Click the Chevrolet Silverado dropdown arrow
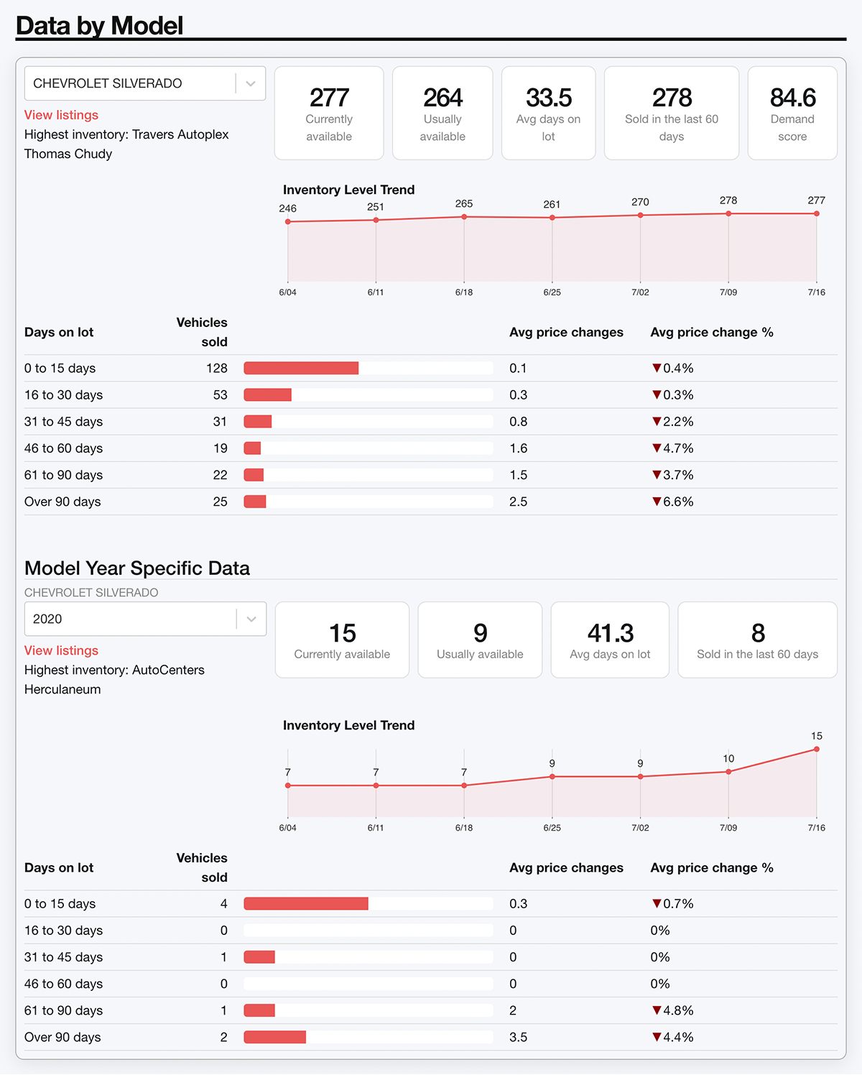pos(251,83)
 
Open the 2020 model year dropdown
pos(251,619)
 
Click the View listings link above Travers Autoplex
pos(61,115)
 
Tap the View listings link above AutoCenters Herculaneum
pos(61,650)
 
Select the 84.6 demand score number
pos(792,98)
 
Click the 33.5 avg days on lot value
pos(548,98)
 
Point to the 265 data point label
pos(464,203)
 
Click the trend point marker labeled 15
pos(817,749)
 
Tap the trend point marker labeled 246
pos(288,221)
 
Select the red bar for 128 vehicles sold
pos(301,368)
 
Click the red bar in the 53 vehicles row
pos(267,395)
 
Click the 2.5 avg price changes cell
pos(518,502)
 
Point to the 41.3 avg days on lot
pos(610,633)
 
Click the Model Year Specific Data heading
pos(137,568)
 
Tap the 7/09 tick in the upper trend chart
pos(728,292)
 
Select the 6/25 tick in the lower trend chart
pos(552,828)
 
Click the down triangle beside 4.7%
pos(657,448)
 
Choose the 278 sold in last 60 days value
pos(672,98)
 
